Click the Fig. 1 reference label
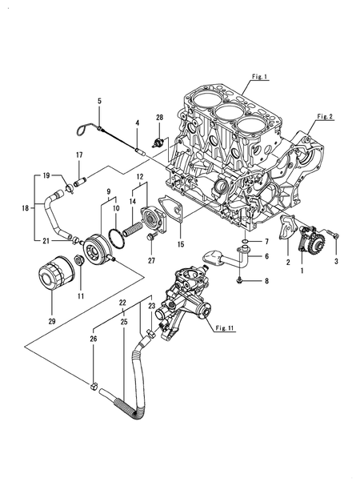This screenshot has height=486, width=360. pyautogui.click(x=258, y=77)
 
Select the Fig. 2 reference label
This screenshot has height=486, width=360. pyautogui.click(x=324, y=116)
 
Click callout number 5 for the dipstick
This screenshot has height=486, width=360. pyautogui.click(x=99, y=101)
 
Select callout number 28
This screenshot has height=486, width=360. pyautogui.click(x=159, y=118)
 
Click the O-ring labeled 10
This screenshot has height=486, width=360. pyautogui.click(x=118, y=235)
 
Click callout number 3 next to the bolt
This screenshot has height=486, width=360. pyautogui.click(x=336, y=261)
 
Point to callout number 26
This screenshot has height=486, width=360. pyautogui.click(x=94, y=339)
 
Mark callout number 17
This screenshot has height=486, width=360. pyautogui.click(x=78, y=155)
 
